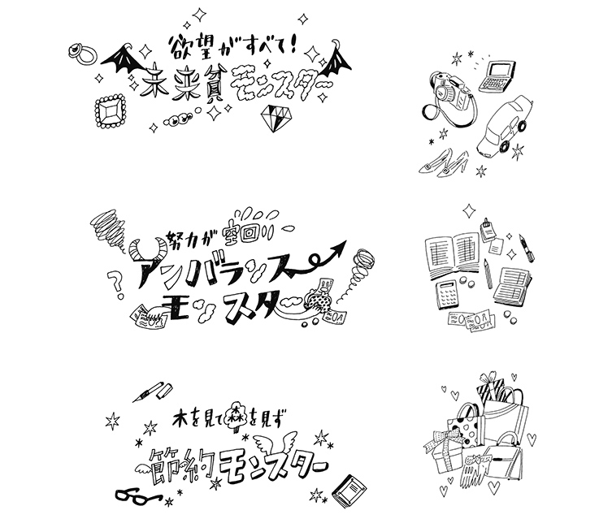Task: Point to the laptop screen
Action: [497, 71]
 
